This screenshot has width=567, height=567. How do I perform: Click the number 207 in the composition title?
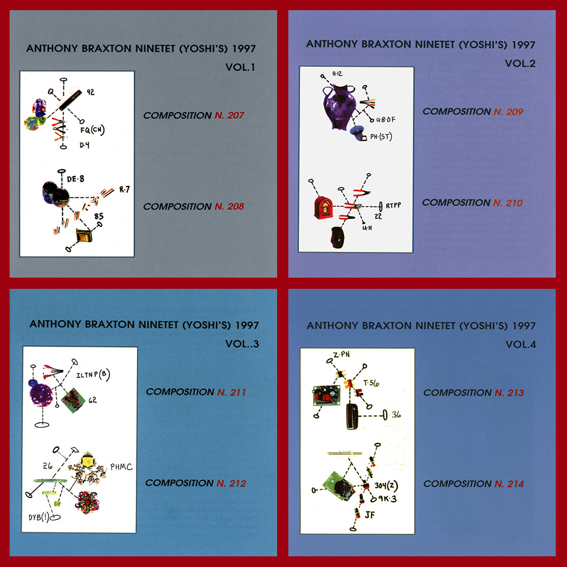coord(236,116)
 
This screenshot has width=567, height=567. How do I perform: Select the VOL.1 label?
coord(240,67)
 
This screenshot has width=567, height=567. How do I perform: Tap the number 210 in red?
coord(514,203)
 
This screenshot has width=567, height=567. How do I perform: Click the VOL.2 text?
coord(520,64)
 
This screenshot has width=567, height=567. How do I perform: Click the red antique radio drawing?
coord(323,208)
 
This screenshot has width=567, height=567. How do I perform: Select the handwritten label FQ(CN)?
coord(92,129)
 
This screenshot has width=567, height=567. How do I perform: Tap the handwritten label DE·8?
coord(75,179)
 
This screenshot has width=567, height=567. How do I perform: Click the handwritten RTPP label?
coord(394,205)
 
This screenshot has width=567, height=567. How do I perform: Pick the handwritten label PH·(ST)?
coord(381,137)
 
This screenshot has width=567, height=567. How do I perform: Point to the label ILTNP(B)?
coord(93,374)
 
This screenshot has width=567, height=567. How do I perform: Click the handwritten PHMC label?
coord(121,467)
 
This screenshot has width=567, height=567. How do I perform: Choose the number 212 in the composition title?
coord(237,483)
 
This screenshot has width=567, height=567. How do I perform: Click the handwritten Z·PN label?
coord(342,354)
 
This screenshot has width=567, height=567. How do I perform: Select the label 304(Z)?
coord(386,486)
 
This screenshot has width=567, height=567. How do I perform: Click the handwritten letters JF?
coord(370,515)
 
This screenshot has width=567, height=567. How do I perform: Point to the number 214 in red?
coord(515,484)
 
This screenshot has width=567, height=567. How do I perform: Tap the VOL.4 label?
coord(520,344)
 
